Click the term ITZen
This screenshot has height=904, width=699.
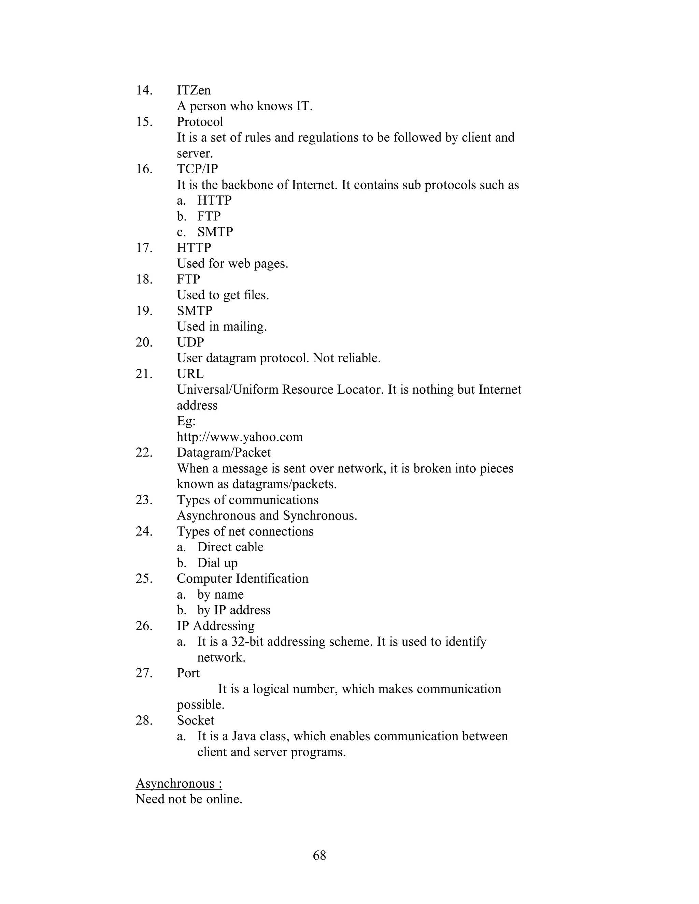tap(194, 90)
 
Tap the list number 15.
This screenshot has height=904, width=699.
tap(144, 122)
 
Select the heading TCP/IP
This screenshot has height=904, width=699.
tap(197, 169)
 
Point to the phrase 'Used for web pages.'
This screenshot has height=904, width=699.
tap(232, 263)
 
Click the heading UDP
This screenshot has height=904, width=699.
tap(190, 342)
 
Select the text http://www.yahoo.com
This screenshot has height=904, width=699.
tap(240, 437)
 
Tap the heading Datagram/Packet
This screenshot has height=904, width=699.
tap(224, 452)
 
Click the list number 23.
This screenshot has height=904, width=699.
tap(144, 500)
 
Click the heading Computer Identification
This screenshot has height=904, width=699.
tap(242, 579)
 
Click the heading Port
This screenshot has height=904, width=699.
tap(188, 673)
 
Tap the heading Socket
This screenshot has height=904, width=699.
tap(196, 720)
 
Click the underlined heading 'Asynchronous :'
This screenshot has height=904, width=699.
tap(179, 784)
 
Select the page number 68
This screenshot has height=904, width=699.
tap(319, 855)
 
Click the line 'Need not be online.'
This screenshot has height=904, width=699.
tap(189, 799)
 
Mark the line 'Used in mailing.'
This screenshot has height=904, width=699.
tap(222, 326)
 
